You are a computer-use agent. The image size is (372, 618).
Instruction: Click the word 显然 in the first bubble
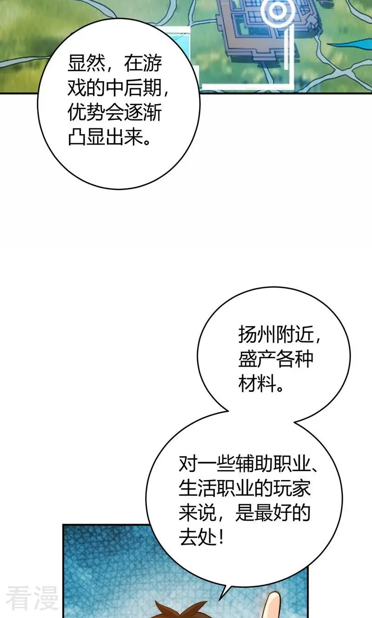(86, 64)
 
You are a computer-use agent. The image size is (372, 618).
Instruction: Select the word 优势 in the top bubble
(86, 113)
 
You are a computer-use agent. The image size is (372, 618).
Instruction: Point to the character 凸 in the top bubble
(77, 137)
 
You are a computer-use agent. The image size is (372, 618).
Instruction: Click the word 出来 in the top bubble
(124, 137)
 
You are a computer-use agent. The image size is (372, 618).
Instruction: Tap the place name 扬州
(257, 335)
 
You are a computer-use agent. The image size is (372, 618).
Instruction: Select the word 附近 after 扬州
(294, 335)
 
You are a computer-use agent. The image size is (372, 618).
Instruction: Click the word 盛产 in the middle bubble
(257, 359)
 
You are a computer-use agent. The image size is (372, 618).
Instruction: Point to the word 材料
(257, 383)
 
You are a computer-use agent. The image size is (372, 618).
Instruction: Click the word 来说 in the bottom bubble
(197, 513)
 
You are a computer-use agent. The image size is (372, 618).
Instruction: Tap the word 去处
(197, 538)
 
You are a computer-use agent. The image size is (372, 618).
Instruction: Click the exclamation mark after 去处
(221, 538)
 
